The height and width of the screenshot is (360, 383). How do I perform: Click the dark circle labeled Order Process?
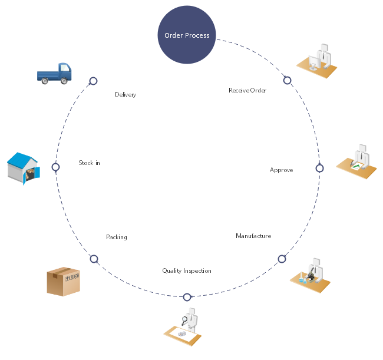click(x=187, y=35)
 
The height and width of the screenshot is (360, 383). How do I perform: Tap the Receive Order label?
click(x=247, y=90)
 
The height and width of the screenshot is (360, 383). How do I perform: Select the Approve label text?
click(x=281, y=170)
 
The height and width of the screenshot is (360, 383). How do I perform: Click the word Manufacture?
click(x=253, y=236)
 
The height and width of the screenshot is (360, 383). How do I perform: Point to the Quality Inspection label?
click(x=187, y=271)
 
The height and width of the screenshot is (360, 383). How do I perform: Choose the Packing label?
click(x=116, y=237)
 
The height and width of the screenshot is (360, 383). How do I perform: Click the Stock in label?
click(x=89, y=163)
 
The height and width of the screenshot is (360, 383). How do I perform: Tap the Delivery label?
click(x=126, y=94)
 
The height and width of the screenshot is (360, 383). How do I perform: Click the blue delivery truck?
click(x=54, y=74)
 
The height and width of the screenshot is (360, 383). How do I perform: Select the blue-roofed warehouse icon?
click(x=24, y=169)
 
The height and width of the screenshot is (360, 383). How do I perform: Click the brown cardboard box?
click(x=63, y=281)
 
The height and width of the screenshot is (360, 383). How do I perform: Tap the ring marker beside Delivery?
click(x=93, y=81)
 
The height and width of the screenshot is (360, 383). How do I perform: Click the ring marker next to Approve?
click(x=319, y=168)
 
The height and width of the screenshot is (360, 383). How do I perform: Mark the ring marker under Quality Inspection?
click(x=187, y=297)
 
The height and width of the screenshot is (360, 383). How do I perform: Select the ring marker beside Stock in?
click(x=56, y=167)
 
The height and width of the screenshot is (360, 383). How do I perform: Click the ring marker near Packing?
click(x=94, y=259)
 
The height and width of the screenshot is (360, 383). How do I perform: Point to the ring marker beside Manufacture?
click(x=282, y=259)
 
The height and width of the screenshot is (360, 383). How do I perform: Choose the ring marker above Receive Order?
click(x=287, y=80)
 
